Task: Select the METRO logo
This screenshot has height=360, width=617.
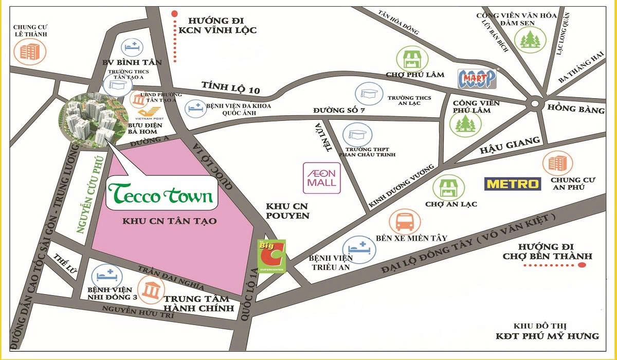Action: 513,184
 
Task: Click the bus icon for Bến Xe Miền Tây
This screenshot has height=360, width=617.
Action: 404,222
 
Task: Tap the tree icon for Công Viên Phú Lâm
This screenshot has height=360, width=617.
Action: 462,123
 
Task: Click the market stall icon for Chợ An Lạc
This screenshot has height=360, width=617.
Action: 444,187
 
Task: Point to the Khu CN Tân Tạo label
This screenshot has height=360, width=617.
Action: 170,221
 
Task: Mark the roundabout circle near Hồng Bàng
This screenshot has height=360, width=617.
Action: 535,103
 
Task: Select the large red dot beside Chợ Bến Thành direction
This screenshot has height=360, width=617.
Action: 582,265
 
